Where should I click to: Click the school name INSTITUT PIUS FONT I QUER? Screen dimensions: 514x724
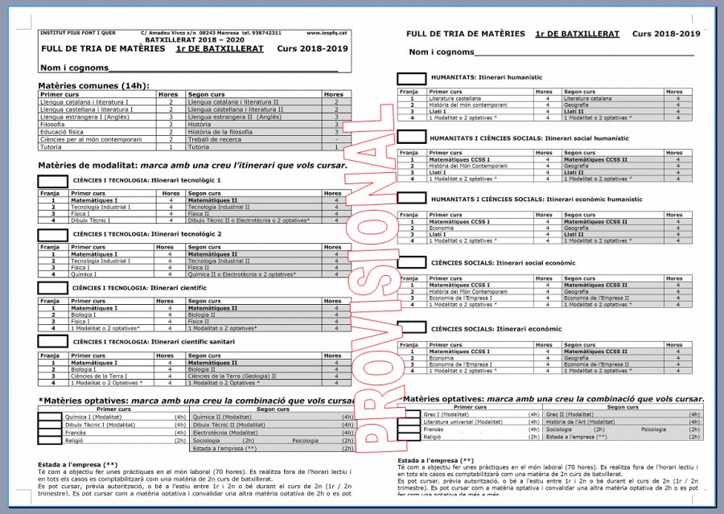tap(77, 33)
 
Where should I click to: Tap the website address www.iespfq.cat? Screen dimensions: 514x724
tap(327, 33)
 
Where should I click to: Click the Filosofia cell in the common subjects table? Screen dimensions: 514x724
tap(52, 125)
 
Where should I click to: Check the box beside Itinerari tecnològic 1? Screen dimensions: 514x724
tap(53, 181)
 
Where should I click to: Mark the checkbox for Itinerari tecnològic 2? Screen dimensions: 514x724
tap(53, 235)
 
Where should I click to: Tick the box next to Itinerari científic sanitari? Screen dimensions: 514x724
tap(53, 342)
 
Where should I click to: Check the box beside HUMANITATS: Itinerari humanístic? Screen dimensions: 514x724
tap(412, 78)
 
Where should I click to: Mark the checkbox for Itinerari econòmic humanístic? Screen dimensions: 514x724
tap(412, 199)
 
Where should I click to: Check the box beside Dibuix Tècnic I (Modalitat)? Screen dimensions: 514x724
tap(50, 425)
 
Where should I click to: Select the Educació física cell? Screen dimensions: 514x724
tap(61, 132)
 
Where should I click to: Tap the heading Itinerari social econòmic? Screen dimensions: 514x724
tap(504, 263)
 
